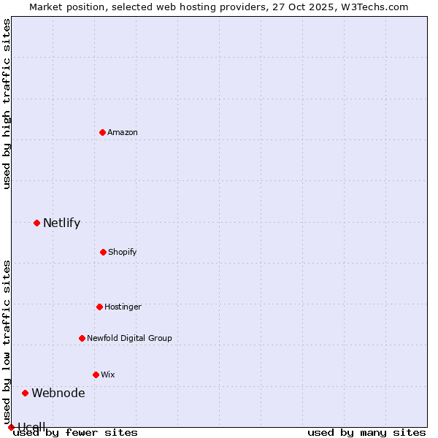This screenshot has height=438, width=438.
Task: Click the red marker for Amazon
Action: (x=103, y=132)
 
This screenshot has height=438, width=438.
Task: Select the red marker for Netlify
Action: (x=36, y=223)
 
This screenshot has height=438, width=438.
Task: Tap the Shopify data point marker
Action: (x=103, y=252)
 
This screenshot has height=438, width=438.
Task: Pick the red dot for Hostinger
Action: (x=99, y=307)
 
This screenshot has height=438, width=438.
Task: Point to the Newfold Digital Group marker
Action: (x=82, y=338)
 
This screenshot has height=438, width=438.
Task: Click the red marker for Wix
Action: (x=96, y=374)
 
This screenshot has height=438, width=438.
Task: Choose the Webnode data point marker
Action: (x=25, y=393)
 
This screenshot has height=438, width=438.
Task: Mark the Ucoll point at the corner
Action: (x=11, y=427)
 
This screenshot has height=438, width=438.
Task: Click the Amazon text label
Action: (x=123, y=132)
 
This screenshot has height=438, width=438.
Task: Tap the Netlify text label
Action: (x=61, y=223)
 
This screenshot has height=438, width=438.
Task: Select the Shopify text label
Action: (x=123, y=252)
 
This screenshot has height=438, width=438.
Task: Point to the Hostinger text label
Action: (x=123, y=307)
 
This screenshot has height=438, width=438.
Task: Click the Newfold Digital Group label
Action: (x=129, y=338)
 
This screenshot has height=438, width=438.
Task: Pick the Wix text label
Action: (x=108, y=374)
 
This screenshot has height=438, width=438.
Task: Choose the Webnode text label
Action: (x=58, y=393)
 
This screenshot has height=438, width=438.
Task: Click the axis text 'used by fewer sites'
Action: (x=75, y=432)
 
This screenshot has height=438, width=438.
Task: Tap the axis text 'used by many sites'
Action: (x=366, y=432)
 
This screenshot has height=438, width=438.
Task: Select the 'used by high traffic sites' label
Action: (x=7, y=104)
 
